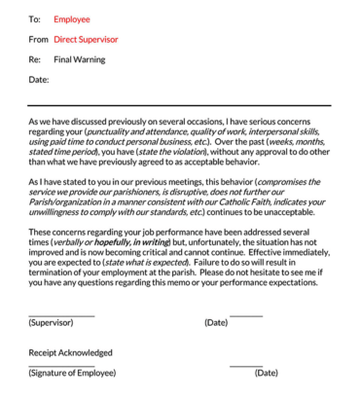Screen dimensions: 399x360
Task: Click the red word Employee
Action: coord(71,18)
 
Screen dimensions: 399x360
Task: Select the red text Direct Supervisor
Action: coord(86,39)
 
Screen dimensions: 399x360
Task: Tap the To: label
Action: coord(35,18)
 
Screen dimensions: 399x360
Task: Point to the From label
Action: coord(38,39)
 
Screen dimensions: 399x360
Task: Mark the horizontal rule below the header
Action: coord(179,105)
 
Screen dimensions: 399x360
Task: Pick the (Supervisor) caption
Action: coord(57,322)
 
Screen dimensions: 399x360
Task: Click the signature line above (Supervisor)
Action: coord(61,314)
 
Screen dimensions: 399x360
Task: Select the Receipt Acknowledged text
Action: coord(70,352)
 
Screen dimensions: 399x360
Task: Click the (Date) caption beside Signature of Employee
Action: coord(266,373)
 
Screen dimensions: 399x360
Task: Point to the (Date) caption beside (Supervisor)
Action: coord(216,322)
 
